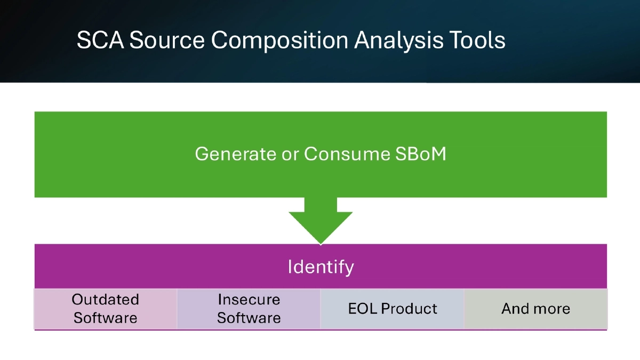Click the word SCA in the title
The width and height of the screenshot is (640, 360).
[100, 41]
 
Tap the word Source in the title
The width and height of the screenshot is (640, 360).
[166, 41]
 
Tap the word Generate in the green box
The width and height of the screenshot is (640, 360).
[235, 154]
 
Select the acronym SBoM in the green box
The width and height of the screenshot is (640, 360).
[421, 154]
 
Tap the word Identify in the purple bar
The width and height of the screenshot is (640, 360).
[321, 267]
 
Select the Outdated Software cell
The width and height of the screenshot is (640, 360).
[106, 309]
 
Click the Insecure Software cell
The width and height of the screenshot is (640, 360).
[249, 309]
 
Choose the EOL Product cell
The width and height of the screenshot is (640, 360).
[393, 309]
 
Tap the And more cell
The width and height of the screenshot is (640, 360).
[535, 309]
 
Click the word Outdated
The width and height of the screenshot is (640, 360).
[106, 300]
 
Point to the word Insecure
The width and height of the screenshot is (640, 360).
[249, 300]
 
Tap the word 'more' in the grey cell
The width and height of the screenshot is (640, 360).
[551, 309]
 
